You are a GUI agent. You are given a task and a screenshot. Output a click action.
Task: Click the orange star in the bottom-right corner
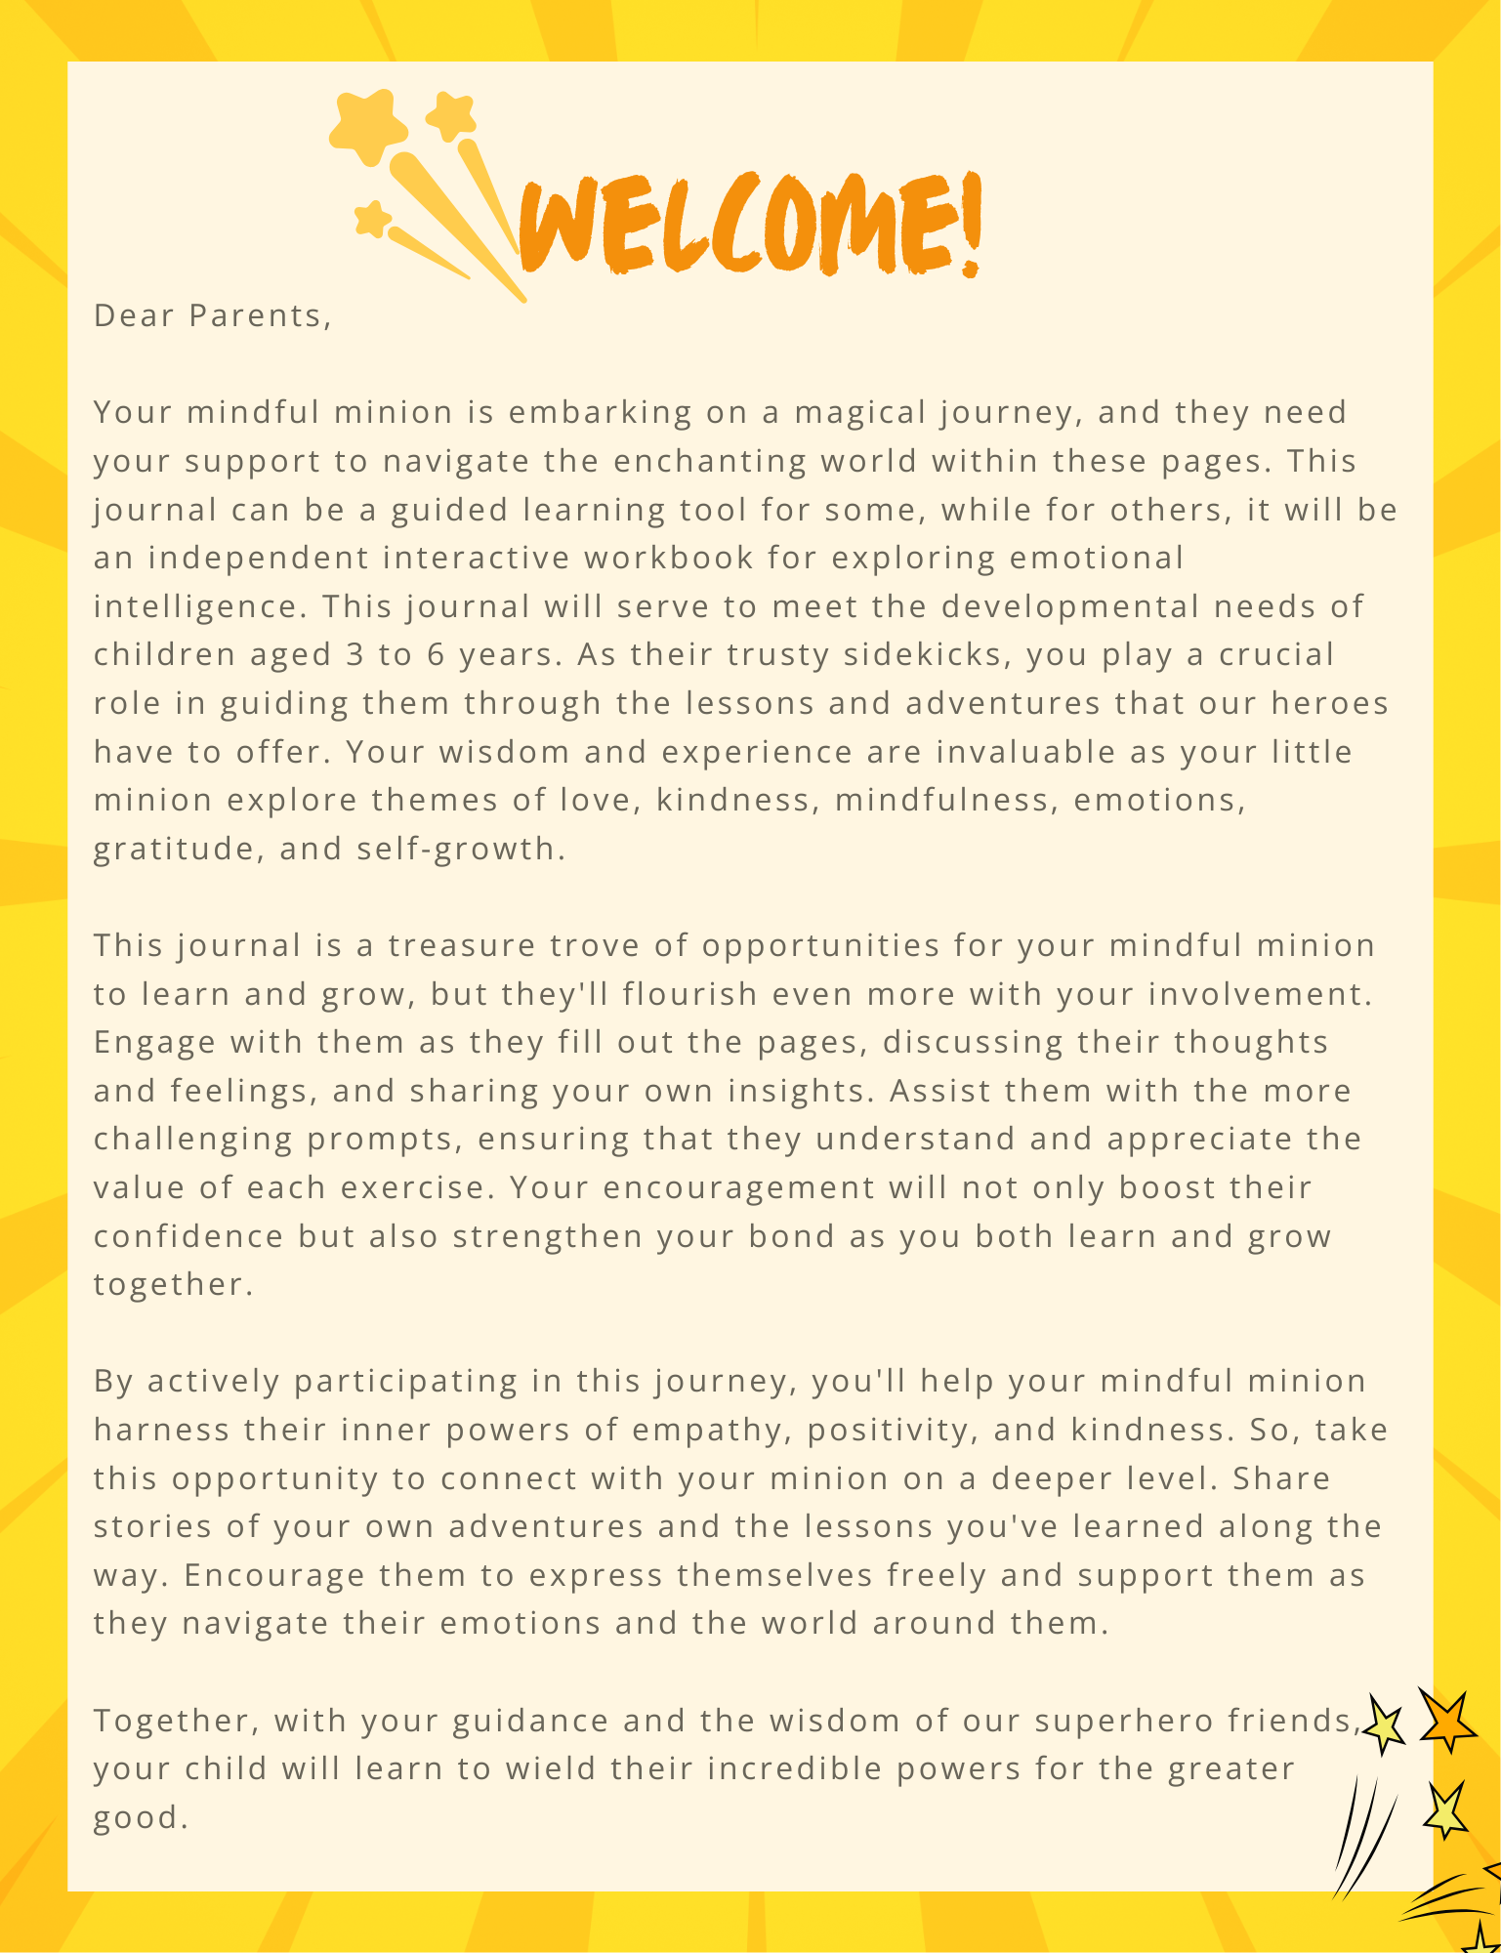click(1446, 1721)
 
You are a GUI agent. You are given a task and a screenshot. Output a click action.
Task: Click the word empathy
click(720, 1430)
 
